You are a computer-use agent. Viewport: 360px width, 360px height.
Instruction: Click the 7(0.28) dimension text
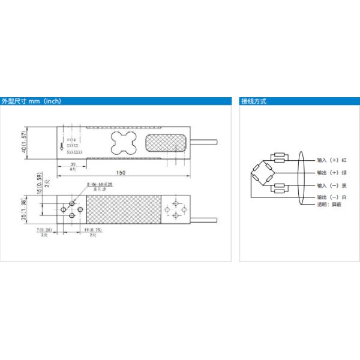(45, 230)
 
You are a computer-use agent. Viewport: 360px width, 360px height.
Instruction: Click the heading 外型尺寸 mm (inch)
(31, 101)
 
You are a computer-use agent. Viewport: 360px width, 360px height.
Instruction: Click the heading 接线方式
(254, 101)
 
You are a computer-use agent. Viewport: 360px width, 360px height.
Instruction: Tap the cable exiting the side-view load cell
(207, 142)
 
